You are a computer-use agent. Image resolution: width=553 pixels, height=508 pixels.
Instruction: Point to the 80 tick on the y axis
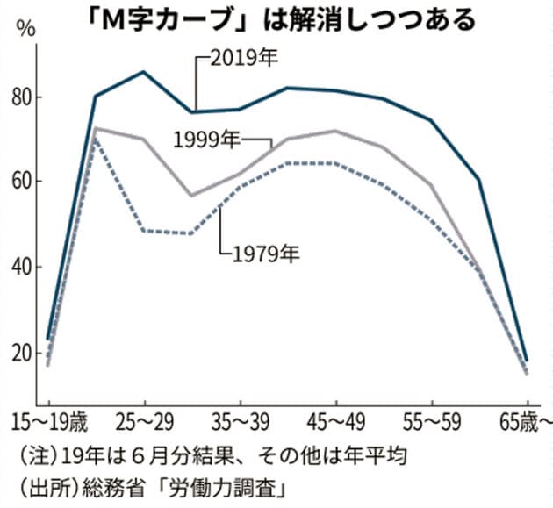click(x=21, y=97)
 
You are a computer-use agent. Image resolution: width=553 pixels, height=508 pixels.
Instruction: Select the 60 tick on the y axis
click(x=21, y=182)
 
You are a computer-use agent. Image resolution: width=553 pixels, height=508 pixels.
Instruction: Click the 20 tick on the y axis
click(x=21, y=353)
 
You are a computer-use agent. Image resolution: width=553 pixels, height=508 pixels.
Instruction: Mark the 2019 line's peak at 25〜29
click(x=144, y=72)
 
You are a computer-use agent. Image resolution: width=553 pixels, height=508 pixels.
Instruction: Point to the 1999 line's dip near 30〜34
click(x=191, y=195)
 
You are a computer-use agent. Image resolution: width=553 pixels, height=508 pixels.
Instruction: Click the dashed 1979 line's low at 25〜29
click(x=144, y=231)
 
